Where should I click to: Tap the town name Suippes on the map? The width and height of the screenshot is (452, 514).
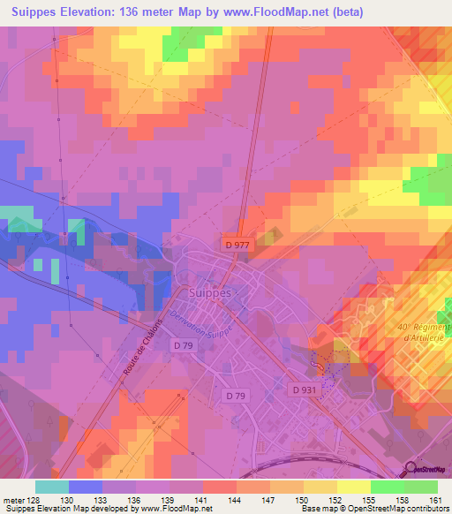210,292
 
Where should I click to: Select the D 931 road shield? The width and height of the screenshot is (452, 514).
305,389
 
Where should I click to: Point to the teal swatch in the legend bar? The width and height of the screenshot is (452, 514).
51,487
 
